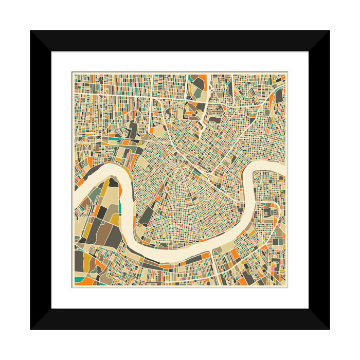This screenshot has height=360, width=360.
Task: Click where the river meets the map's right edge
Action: (x=284, y=170)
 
